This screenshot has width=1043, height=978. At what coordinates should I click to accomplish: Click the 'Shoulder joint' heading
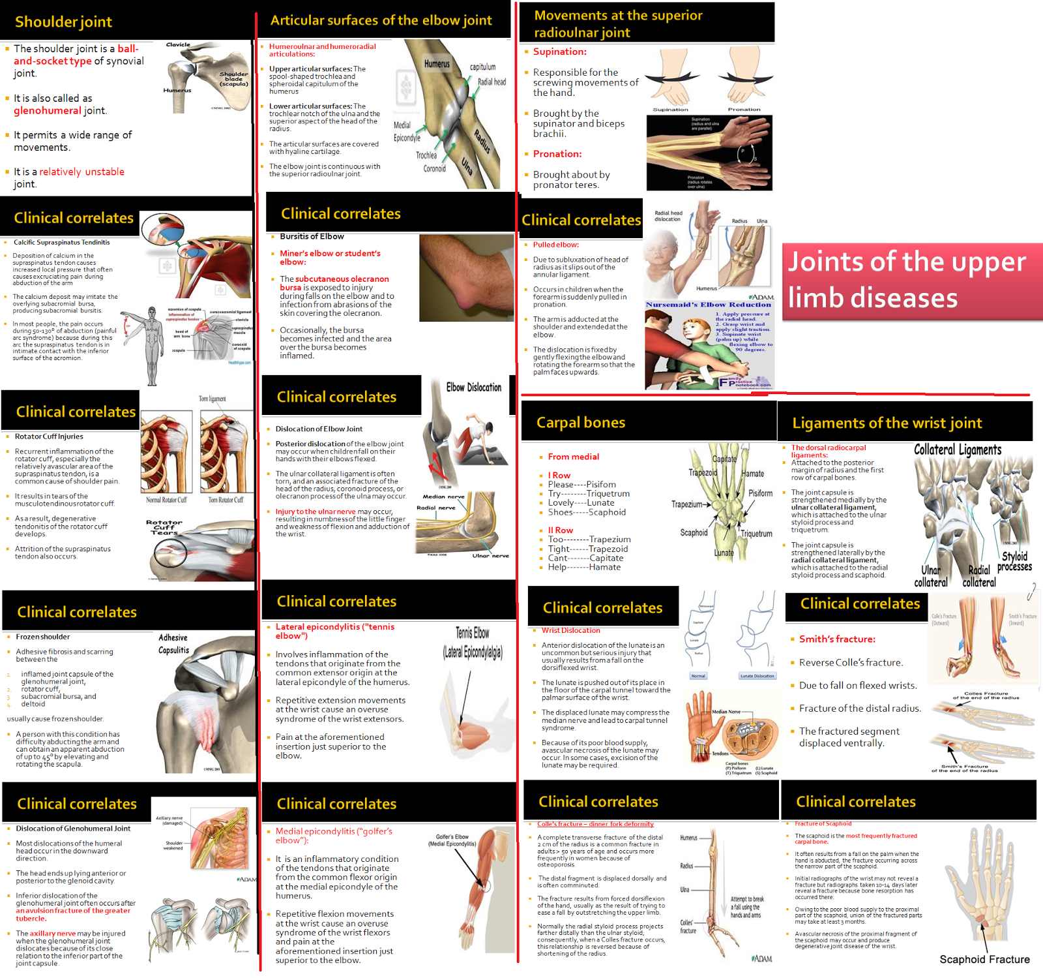coord(63,22)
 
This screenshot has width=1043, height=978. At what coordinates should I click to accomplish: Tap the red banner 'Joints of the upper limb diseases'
coord(906,280)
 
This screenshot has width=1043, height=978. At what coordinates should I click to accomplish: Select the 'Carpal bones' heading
coord(580,423)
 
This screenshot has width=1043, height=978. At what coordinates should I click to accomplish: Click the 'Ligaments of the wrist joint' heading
coord(887,423)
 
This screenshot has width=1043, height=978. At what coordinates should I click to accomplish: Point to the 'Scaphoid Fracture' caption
coord(984,959)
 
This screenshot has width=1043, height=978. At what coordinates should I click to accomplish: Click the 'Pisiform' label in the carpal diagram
coord(760,493)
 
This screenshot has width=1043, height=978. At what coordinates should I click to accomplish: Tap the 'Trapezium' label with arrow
coord(688,504)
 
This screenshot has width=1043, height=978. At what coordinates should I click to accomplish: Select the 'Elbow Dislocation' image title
coord(474,388)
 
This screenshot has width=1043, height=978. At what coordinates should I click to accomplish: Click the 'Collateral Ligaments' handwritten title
coord(958,450)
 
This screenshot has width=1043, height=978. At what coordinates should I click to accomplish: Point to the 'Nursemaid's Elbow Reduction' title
coord(709,305)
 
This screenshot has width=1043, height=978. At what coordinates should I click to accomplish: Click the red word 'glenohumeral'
coord(48,111)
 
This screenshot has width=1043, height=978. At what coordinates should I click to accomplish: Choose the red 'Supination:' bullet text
coord(559,52)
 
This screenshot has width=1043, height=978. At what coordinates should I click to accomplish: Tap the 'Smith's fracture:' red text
coord(837,639)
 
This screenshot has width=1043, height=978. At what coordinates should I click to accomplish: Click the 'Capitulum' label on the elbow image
coord(482,67)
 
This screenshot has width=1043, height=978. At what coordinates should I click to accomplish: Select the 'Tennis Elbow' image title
coord(473,633)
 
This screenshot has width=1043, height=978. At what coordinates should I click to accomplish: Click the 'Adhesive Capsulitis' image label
coord(173,644)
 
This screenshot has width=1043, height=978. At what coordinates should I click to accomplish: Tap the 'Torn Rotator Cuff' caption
coord(226,500)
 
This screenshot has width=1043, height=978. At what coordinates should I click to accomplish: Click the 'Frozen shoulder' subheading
coord(43,637)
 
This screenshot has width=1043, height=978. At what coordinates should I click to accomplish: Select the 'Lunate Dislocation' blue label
coord(757,676)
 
